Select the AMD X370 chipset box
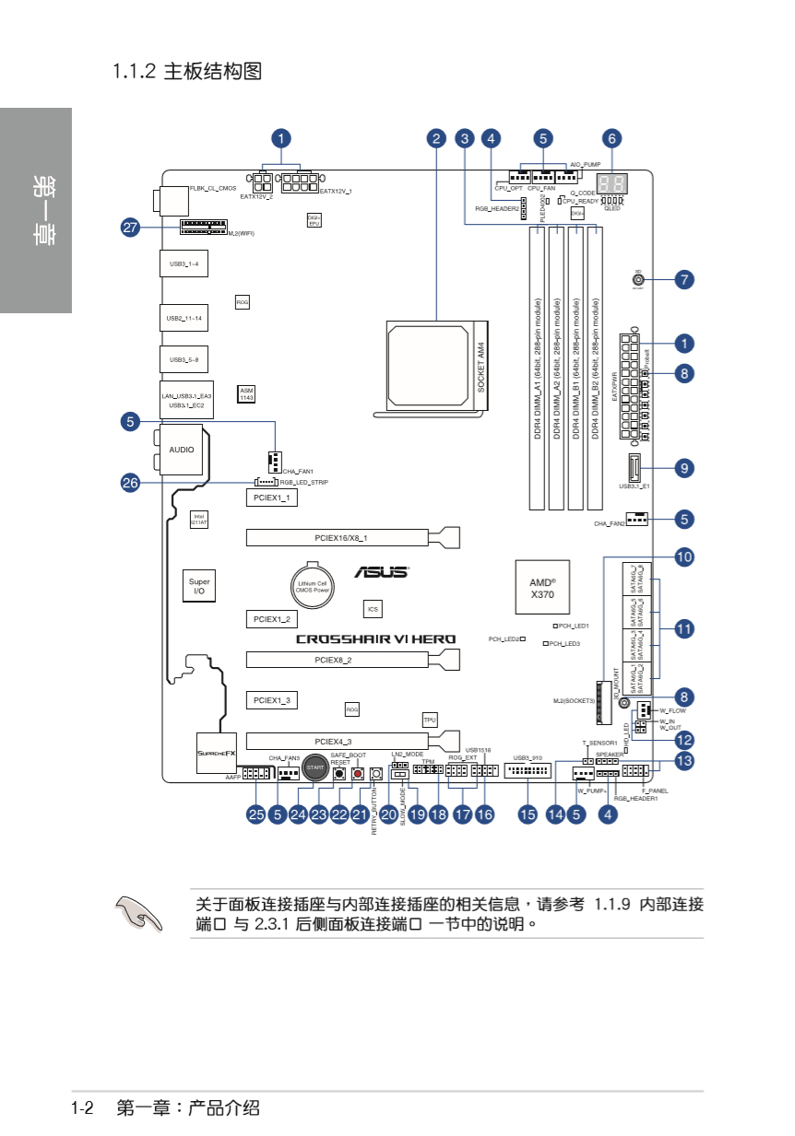pos(542,588)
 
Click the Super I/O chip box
pos(199,586)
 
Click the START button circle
pos(315,768)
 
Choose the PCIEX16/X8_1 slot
pos(341,536)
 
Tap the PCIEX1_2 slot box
pos(271,619)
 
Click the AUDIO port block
pos(182,450)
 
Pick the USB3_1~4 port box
pos(183,264)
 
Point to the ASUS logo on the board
pos(381,572)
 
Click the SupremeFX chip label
pos(218,754)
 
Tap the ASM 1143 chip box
pos(247,394)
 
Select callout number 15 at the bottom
pos(527,814)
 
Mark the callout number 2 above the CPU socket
pos(436,138)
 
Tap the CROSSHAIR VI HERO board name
pos(375,639)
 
